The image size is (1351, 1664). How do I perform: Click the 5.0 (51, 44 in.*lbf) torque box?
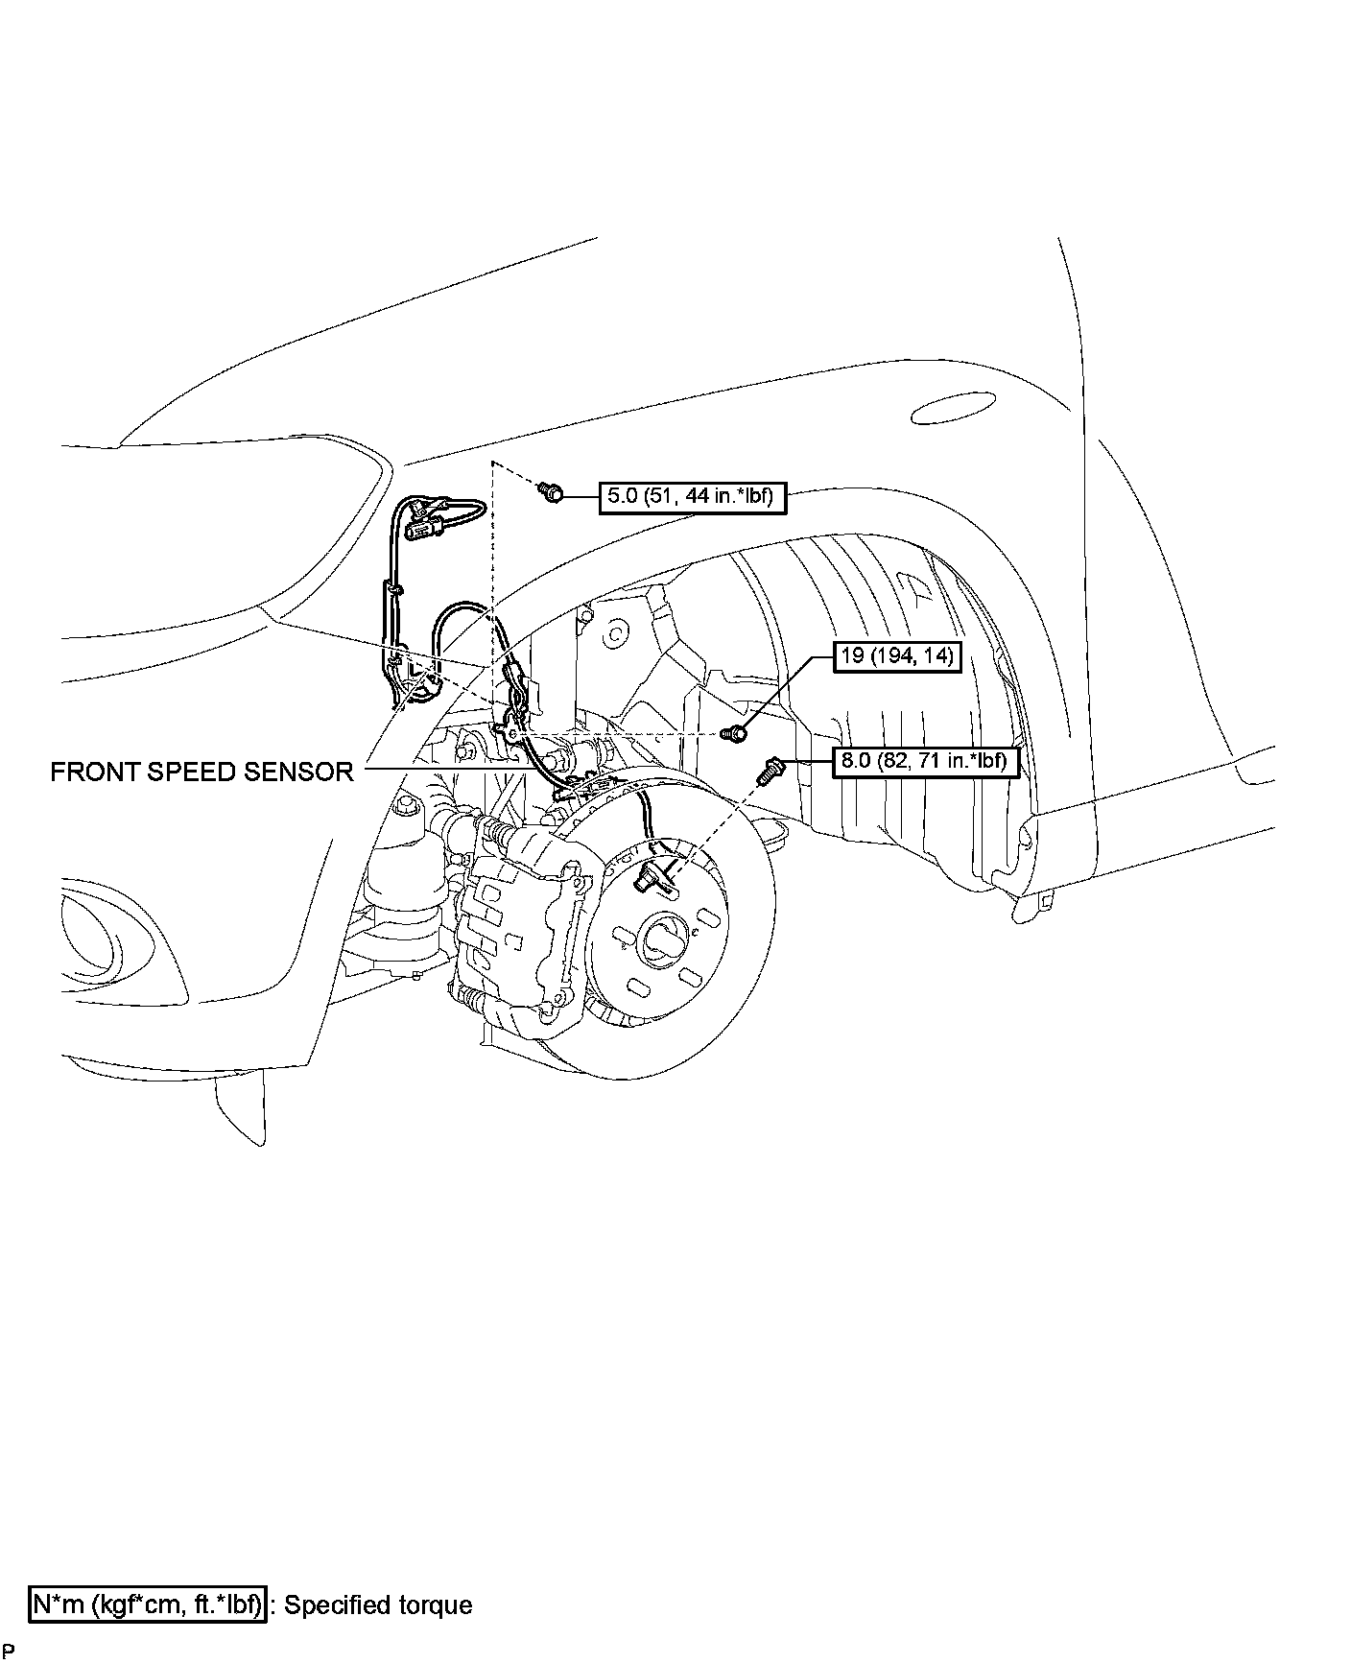tap(690, 496)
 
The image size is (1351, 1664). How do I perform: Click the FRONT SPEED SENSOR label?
tap(201, 771)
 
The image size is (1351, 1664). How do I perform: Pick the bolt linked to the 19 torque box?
tap(734, 733)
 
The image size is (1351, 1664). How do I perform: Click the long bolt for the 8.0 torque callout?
tap(770, 770)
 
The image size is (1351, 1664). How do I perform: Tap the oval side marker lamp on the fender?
tap(949, 410)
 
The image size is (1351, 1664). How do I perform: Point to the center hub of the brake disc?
tap(665, 936)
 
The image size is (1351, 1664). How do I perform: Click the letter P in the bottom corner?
tap(8, 1652)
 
